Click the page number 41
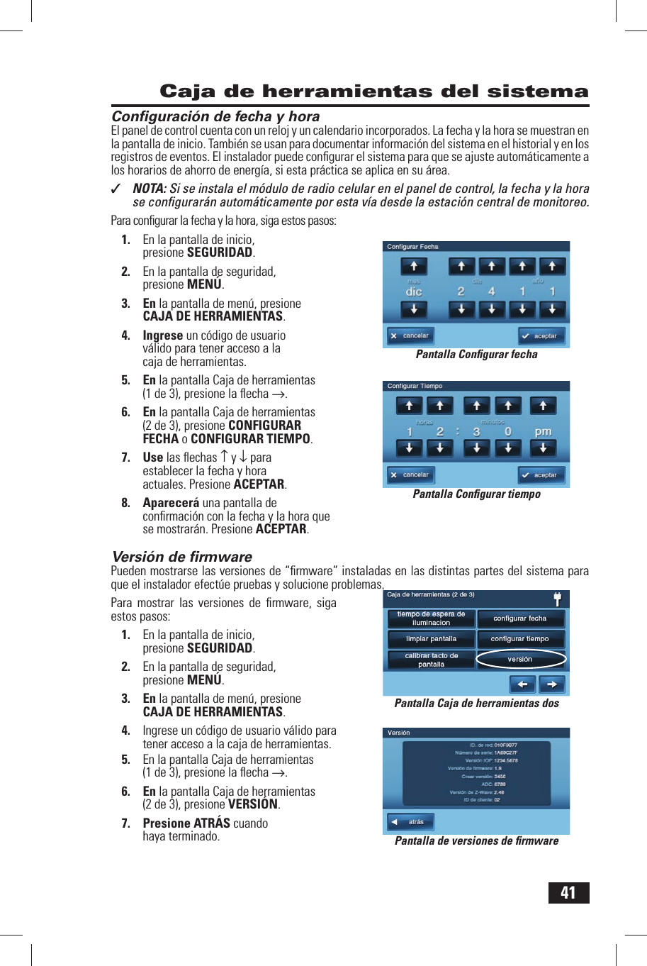[568, 892]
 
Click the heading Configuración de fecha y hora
[215, 116]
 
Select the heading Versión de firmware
[182, 557]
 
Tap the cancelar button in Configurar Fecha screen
[410, 335]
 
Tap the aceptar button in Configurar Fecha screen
[541, 335]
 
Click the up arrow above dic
[414, 267]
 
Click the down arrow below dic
[414, 309]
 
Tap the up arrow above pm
[543, 406]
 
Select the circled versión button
[520, 660]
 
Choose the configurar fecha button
[520, 618]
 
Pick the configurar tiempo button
[520, 639]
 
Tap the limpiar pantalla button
[431, 639]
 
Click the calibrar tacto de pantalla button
[431, 660]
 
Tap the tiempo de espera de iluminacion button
[431, 618]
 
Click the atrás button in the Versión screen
[410, 822]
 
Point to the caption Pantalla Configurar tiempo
[476, 494]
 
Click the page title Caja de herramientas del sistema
[374, 91]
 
